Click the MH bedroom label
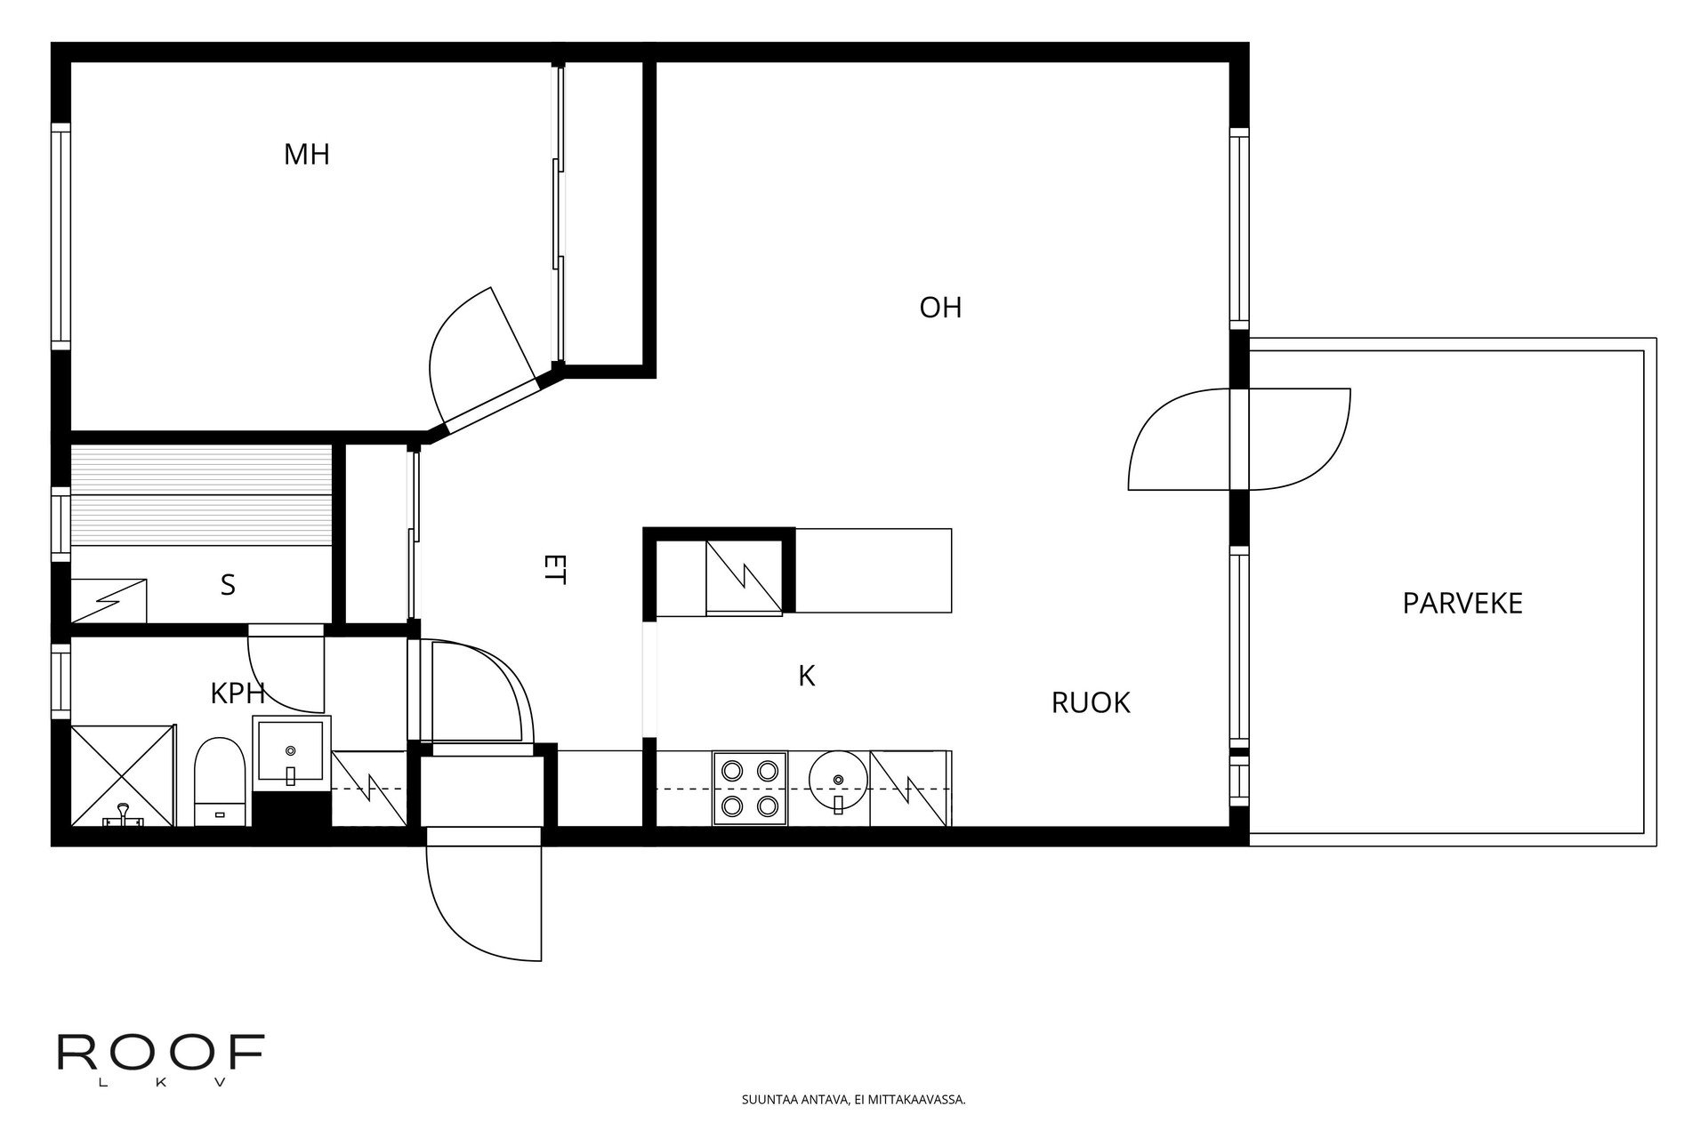point(306,155)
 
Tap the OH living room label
point(940,308)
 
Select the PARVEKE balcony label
point(1462,604)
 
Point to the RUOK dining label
point(1091,703)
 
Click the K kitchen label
point(807,677)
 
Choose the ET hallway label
point(554,569)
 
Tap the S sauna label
point(228,585)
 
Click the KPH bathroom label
point(238,694)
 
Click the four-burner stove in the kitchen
point(750,789)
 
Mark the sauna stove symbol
point(109,600)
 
